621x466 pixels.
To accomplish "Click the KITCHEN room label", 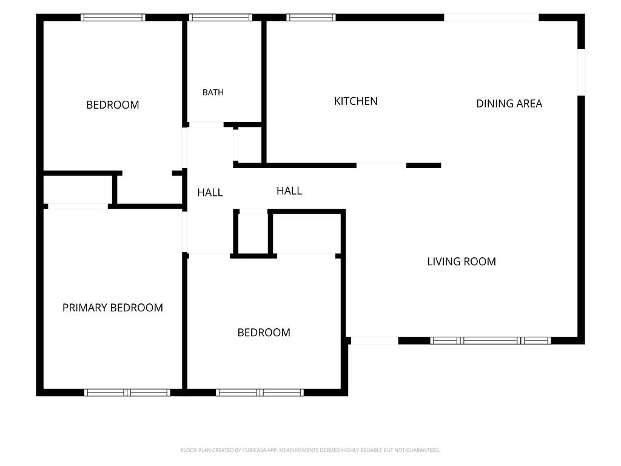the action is [x=355, y=101].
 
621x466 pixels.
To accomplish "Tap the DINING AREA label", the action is [x=509, y=103].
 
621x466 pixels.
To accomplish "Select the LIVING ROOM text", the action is [x=462, y=262].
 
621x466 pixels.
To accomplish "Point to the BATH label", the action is [x=213, y=92].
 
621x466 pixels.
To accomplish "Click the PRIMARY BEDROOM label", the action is [x=112, y=308].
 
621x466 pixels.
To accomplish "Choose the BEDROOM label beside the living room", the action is [x=264, y=333].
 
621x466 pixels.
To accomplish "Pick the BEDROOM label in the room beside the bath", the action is [x=112, y=104].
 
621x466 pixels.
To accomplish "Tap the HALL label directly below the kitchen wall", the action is [x=289, y=191].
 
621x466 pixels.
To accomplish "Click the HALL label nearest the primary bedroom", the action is [x=210, y=192].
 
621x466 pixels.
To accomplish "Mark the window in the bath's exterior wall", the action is [x=221, y=18].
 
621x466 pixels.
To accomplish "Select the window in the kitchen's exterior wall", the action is [x=311, y=18].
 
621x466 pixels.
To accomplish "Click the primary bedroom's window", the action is [x=127, y=393].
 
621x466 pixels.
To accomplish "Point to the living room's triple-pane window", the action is [x=490, y=340].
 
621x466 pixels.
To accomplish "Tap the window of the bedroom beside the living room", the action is [x=260, y=393].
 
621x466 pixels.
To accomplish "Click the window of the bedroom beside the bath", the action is [x=113, y=18].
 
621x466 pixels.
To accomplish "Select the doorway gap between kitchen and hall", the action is [x=381, y=165].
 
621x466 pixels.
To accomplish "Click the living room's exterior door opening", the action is [x=375, y=340].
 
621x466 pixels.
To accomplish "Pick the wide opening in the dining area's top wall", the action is [x=491, y=18].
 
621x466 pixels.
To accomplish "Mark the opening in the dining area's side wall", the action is [x=581, y=72].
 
